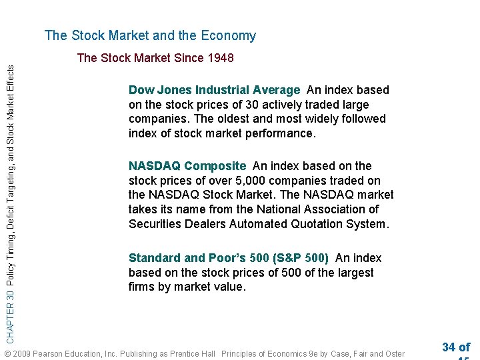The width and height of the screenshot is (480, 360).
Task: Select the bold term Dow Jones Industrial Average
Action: coord(214,90)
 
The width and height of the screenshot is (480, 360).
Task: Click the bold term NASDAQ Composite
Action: coord(187,166)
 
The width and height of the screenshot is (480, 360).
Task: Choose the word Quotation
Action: coord(316,225)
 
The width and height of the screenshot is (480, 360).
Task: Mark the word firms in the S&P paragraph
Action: coord(141,287)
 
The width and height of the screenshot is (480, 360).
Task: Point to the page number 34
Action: coord(449,347)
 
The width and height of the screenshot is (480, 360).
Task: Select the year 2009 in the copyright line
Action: coord(21,353)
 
